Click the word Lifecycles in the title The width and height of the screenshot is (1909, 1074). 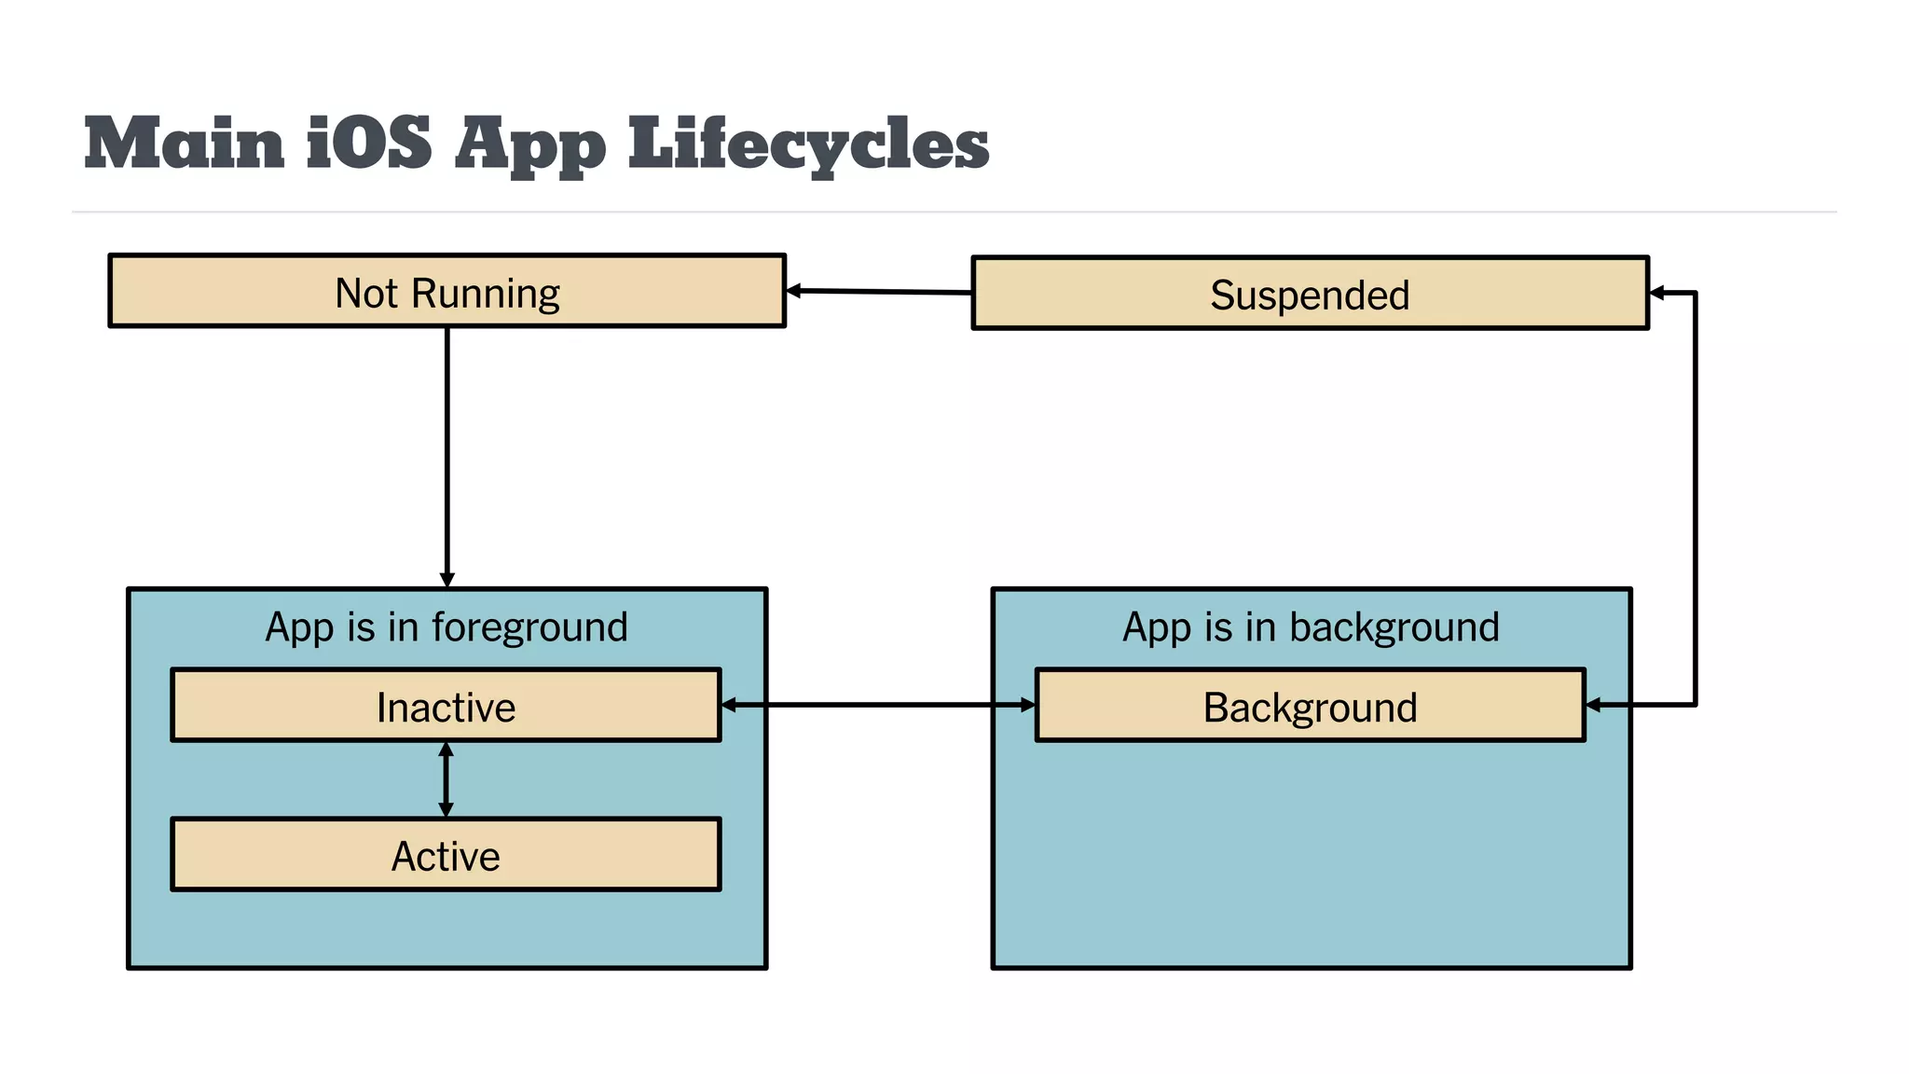(x=808, y=145)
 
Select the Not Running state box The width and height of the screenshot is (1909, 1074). (x=446, y=291)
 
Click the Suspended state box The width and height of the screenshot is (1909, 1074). (x=1310, y=294)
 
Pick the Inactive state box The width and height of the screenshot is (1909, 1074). (x=446, y=706)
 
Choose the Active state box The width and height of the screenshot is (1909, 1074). (x=446, y=855)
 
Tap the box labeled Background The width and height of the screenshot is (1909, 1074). (x=1310, y=706)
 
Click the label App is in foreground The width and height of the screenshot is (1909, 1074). (x=446, y=626)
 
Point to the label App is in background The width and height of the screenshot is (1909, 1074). (x=1310, y=626)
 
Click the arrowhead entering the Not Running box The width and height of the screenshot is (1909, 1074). (x=793, y=291)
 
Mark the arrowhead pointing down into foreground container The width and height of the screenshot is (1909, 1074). (x=446, y=580)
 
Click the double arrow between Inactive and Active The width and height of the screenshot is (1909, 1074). (x=446, y=779)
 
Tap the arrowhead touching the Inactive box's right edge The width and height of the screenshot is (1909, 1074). (x=730, y=705)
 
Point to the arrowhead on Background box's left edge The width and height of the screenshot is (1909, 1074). (x=1027, y=705)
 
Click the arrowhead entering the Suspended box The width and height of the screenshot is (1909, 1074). (x=1657, y=293)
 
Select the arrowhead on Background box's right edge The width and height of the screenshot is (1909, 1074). (x=1594, y=705)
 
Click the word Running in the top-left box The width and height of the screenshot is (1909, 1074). (x=485, y=293)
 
